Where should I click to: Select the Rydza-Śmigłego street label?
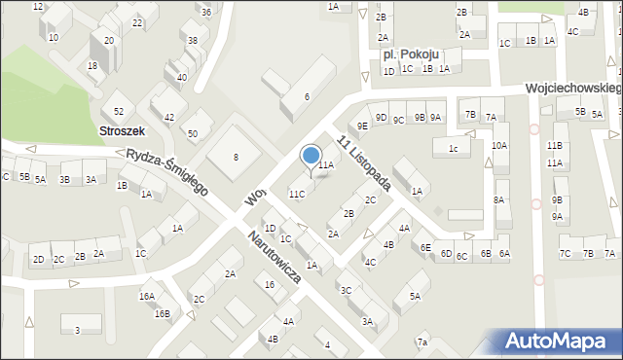pos(167,172)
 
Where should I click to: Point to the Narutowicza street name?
pos(273,258)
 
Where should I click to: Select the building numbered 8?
pos(235,157)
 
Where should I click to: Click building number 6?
pos(307,96)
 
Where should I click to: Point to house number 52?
pos(119,112)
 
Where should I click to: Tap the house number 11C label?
pos(296,194)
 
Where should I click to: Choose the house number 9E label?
pos(362,126)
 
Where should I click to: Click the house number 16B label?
pos(162,313)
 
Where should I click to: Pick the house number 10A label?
pos(499,145)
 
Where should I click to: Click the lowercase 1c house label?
pos(453,148)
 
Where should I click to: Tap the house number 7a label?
pos(421,342)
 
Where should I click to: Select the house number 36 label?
pos(206,12)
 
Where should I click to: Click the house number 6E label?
pos(425,248)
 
